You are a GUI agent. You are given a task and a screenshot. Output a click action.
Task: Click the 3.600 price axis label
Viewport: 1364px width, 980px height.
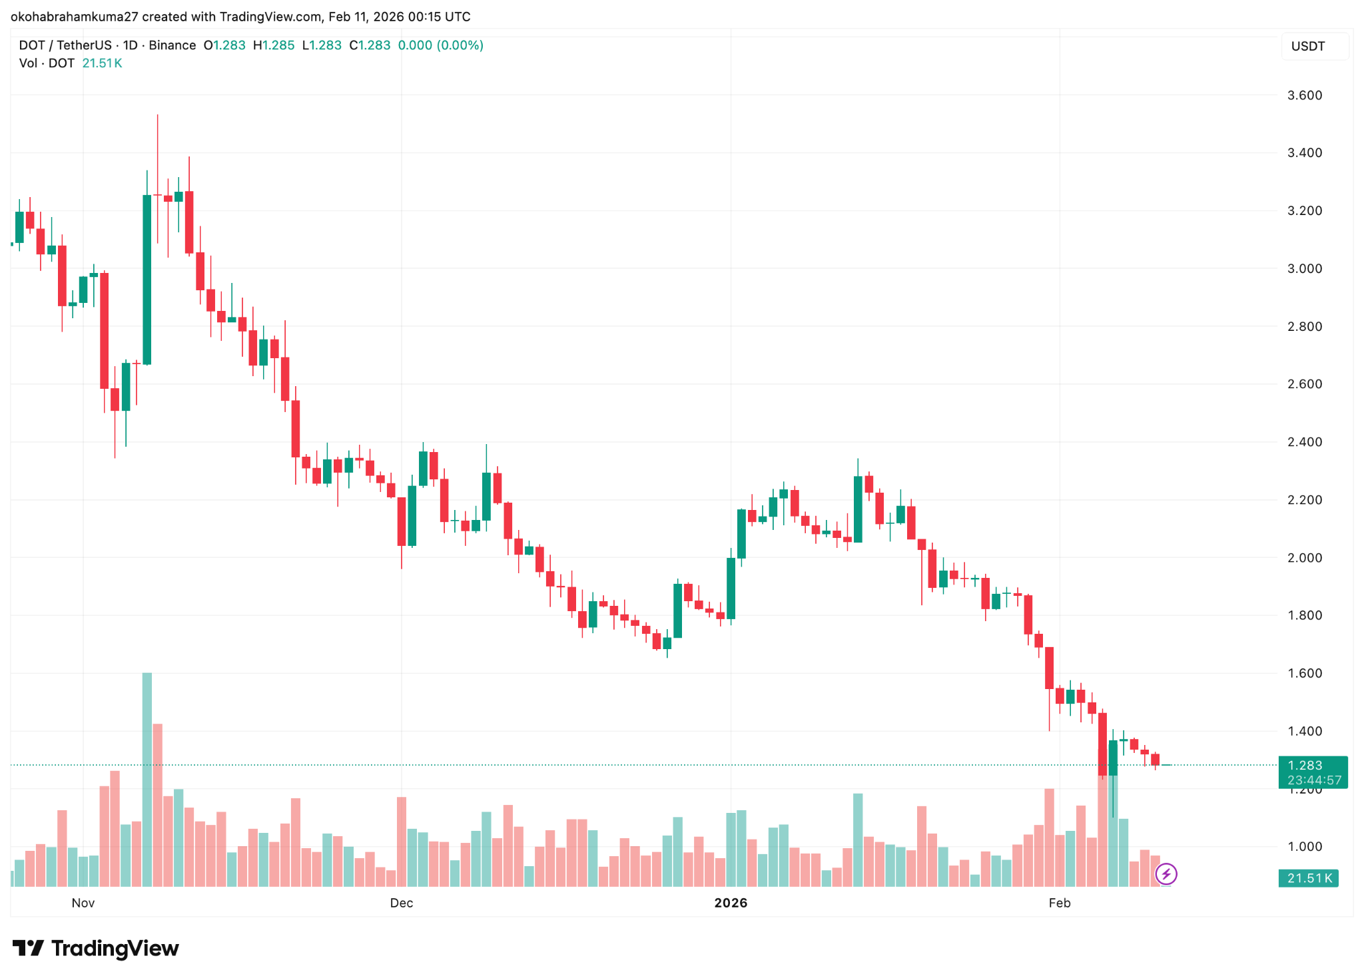(x=1304, y=95)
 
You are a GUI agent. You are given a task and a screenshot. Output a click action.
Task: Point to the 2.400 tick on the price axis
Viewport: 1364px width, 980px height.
(x=1304, y=442)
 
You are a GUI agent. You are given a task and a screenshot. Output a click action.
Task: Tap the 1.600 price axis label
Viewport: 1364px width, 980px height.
(x=1304, y=673)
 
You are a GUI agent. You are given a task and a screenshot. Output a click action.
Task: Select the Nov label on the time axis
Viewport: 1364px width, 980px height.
(x=83, y=903)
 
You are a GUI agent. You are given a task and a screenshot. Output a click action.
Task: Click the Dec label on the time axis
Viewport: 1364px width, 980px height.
(x=401, y=903)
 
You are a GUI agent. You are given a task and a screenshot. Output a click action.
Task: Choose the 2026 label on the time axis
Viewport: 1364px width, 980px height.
(x=731, y=903)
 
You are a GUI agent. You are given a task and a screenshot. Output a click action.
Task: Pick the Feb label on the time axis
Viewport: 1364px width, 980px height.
(x=1059, y=903)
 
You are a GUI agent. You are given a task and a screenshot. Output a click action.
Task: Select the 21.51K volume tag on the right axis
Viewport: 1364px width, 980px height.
(x=1309, y=878)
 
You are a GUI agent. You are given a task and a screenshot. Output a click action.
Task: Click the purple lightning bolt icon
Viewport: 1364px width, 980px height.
(x=1166, y=873)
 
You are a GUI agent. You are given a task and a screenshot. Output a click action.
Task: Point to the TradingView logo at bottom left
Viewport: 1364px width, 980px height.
(x=96, y=948)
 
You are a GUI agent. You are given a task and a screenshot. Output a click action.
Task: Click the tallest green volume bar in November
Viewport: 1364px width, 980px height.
(x=147, y=779)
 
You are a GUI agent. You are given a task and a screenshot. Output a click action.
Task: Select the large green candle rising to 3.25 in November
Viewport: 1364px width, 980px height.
(x=147, y=280)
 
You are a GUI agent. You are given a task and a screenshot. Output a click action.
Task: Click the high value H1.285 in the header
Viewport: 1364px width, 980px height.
(x=274, y=45)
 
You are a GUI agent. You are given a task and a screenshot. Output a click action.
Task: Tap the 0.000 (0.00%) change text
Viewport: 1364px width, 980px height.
(x=440, y=45)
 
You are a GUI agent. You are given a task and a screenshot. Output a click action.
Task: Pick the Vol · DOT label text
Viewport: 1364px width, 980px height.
(x=47, y=63)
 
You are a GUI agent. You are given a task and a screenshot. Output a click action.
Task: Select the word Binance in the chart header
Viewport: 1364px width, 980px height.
(x=172, y=45)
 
